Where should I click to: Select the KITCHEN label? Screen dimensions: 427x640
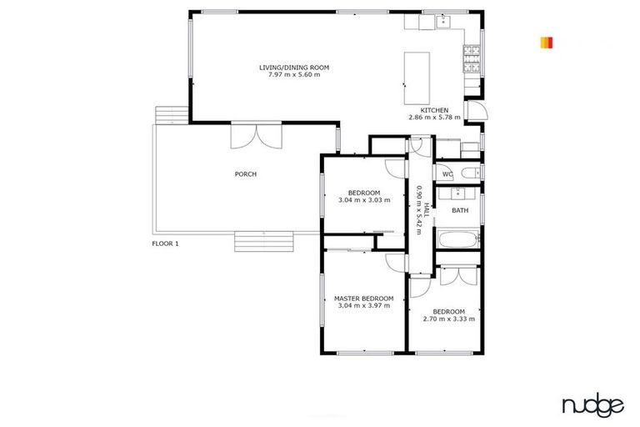pos(434,110)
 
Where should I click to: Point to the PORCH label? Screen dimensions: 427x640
pos(245,174)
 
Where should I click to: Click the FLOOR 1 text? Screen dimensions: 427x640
pos(165,244)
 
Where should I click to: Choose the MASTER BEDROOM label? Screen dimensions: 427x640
pos(363,298)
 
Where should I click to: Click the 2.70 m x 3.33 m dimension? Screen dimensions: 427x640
pos(448,319)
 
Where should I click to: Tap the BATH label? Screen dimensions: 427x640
pos(459,210)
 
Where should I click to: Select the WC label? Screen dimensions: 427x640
pos(447,174)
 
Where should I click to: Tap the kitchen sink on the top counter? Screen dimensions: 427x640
pos(442,21)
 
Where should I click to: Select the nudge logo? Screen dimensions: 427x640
pos(592,406)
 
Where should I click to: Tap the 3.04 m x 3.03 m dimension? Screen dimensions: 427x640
pos(364,200)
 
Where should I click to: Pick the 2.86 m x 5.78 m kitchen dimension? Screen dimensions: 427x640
pos(434,118)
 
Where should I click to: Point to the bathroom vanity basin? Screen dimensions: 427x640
pos(457,193)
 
